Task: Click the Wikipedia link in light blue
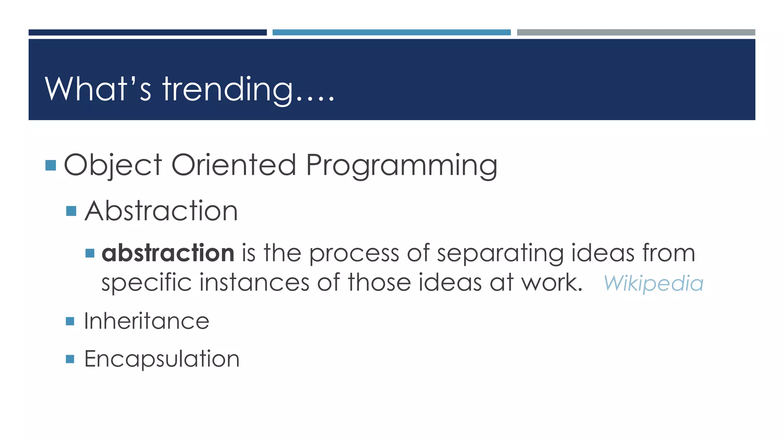point(653,284)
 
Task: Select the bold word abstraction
point(168,253)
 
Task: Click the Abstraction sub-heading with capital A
point(161,211)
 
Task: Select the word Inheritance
point(147,321)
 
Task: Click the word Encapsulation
point(162,359)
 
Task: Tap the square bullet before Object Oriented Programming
point(51,165)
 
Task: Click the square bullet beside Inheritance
point(70,321)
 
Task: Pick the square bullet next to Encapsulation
point(70,359)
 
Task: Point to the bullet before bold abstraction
point(90,253)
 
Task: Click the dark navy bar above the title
point(147,33)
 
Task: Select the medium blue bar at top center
point(391,33)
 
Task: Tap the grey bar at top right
point(636,33)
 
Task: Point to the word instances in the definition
point(254,283)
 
